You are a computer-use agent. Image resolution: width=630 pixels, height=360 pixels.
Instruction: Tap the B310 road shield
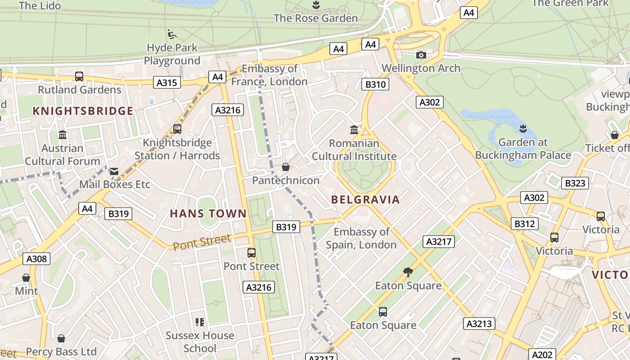coord(375,84)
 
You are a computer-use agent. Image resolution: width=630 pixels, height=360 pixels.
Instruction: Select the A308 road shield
coord(36,259)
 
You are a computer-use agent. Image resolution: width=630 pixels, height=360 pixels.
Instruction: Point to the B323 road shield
coord(575,183)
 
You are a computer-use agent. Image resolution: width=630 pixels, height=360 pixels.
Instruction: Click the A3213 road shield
coord(480,324)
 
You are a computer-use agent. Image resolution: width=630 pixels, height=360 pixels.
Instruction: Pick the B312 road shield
coord(525,224)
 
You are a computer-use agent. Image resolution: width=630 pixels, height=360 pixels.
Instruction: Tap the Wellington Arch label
coord(421,68)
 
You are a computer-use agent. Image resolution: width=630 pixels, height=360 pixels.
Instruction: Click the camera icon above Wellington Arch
coord(421,55)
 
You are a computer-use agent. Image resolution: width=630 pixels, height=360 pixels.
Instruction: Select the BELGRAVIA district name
coord(365,200)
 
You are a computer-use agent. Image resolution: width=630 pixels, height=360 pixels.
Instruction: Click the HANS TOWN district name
coord(208,214)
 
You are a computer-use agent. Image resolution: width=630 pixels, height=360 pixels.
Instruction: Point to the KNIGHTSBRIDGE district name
coord(83,111)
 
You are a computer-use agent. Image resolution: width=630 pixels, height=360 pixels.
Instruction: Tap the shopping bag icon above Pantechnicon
coord(285,167)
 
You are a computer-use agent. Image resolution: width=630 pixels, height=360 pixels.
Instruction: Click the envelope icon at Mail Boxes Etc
coord(114,171)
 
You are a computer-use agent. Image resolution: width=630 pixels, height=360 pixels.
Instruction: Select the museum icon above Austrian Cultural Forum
coord(63,135)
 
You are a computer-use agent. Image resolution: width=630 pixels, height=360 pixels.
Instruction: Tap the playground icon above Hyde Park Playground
coord(171,34)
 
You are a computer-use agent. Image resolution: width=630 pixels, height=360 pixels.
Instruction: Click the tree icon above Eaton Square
coord(408,272)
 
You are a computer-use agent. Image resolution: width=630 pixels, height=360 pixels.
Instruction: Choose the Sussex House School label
coord(200,342)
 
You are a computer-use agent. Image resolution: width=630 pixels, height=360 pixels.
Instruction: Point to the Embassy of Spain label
coord(361,238)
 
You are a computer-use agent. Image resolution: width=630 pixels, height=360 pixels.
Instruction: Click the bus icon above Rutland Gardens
coord(79,76)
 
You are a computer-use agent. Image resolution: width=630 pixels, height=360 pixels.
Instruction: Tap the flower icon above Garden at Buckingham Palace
coord(523,129)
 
